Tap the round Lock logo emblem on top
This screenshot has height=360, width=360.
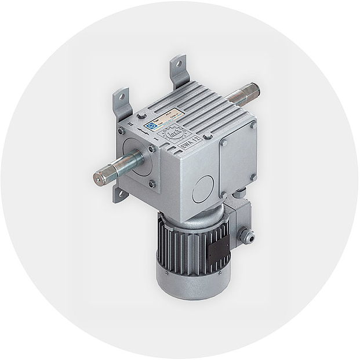173,134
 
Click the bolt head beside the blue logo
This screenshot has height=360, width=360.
142,115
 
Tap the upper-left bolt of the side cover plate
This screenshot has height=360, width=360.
224,143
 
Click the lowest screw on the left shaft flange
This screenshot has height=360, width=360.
152,184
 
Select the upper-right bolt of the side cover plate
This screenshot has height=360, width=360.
252,125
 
